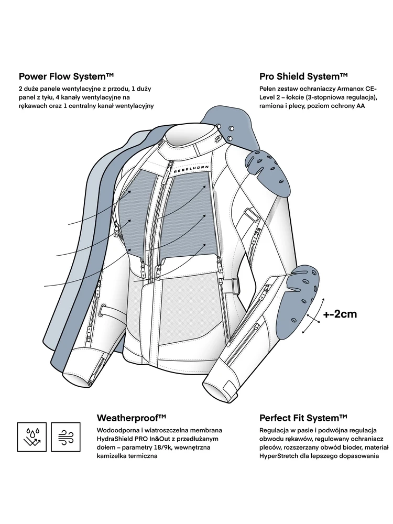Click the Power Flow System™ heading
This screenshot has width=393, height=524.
tap(66, 76)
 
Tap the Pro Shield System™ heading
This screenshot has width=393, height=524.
tap(304, 76)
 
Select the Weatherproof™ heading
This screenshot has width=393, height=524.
tap(132, 418)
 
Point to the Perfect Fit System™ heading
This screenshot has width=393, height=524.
tap(303, 418)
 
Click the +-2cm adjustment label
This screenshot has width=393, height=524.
tap(340, 314)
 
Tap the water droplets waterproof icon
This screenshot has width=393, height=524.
tap(31, 435)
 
